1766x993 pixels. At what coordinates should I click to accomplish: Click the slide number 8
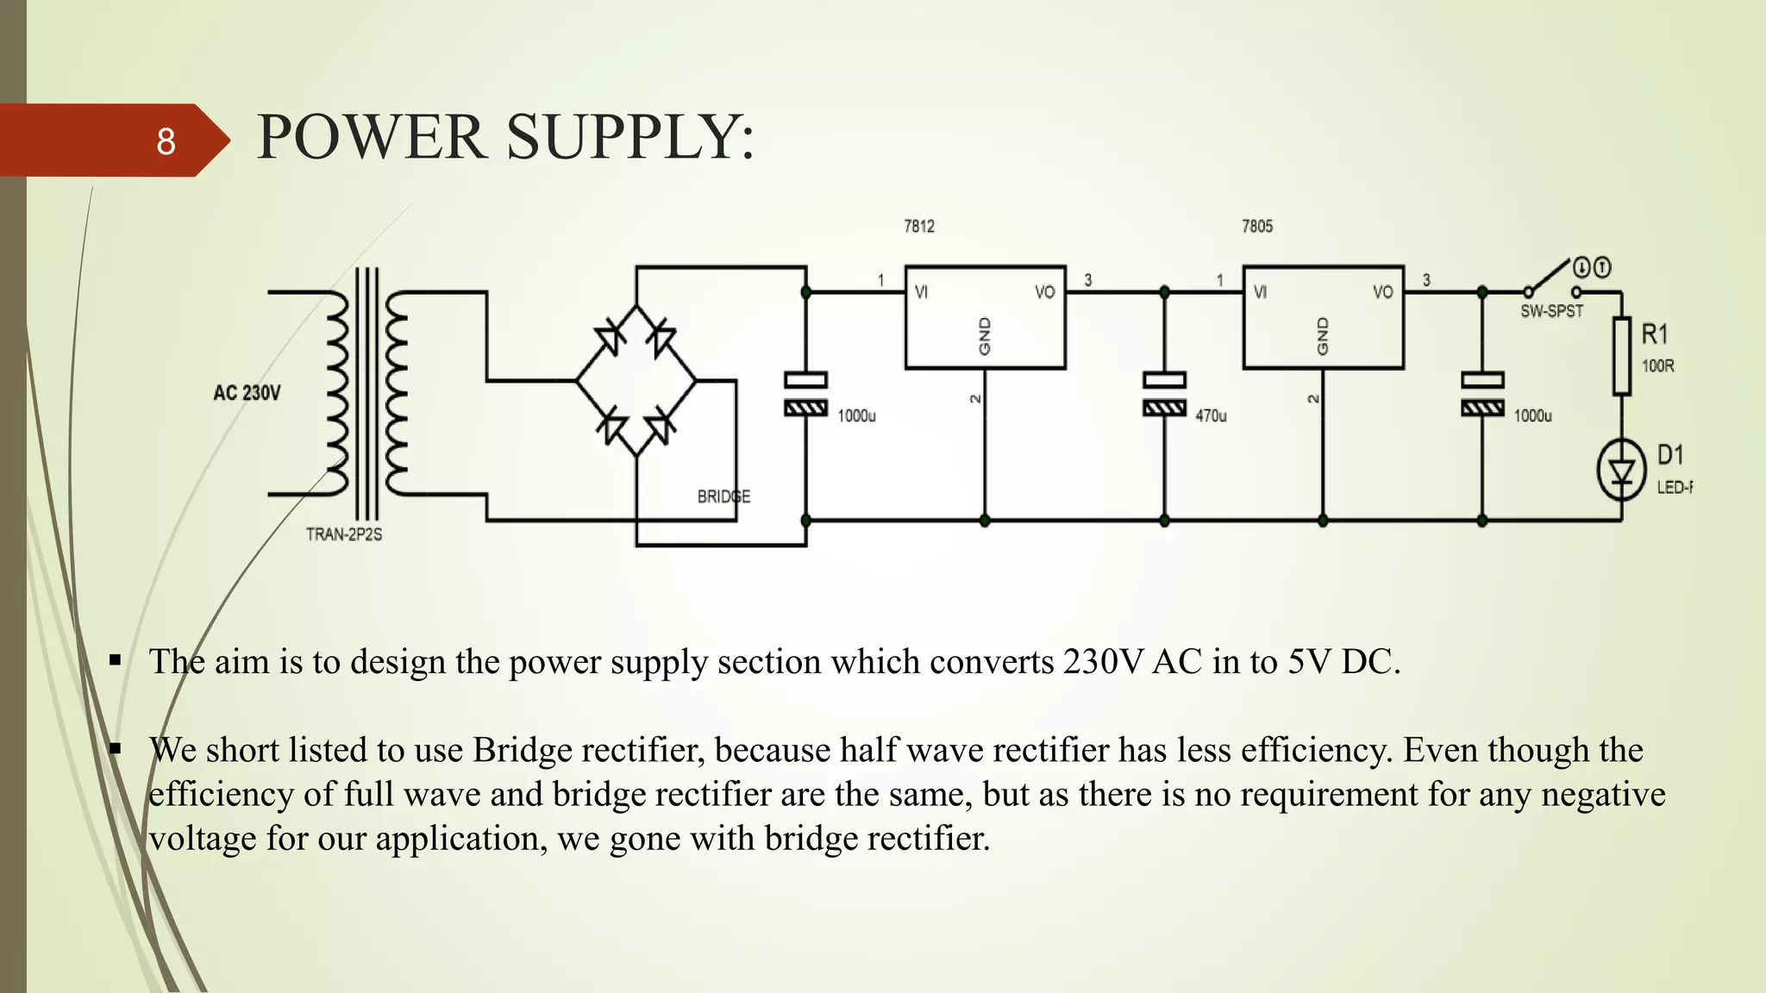(166, 141)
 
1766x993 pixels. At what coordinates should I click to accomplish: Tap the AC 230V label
(247, 393)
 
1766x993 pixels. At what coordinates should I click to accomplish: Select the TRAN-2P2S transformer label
(343, 534)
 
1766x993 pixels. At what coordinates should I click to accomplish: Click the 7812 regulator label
(918, 227)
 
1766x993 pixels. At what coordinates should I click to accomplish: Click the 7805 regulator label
(1256, 227)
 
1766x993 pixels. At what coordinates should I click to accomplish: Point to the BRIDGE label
(723, 496)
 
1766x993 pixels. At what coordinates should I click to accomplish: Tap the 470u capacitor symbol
(1164, 394)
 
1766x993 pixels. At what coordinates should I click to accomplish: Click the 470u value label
(1211, 416)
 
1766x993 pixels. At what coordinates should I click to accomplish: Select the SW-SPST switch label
(1551, 311)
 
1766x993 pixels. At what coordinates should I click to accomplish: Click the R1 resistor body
(1621, 356)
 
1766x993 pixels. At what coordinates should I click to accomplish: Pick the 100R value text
(1657, 366)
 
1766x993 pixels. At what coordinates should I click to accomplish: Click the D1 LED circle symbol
(1621, 471)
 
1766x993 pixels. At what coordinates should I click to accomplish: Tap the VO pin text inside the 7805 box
(1382, 292)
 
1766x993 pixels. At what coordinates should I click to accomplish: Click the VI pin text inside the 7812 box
(921, 292)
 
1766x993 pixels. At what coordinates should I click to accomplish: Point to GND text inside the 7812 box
(985, 336)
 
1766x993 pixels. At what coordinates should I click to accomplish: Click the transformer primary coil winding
(337, 393)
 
